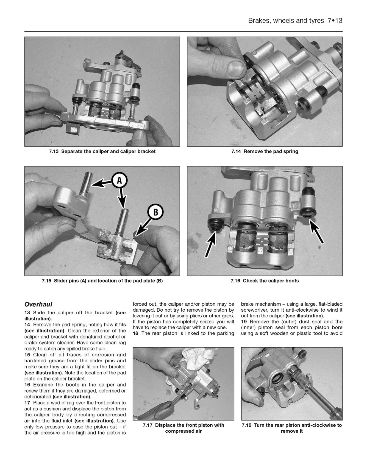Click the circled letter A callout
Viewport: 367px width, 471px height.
click(x=119, y=180)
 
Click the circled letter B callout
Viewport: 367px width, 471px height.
click(x=155, y=212)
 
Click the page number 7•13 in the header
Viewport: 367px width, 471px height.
click(x=335, y=21)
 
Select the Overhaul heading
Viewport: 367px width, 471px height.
click(x=38, y=304)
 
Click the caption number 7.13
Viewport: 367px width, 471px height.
click(x=54, y=151)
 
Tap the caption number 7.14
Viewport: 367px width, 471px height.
click(x=236, y=151)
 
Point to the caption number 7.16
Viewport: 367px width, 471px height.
click(x=235, y=281)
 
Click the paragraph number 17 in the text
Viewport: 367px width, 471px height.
click(x=27, y=403)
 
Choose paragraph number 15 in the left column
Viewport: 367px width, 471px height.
click(x=27, y=355)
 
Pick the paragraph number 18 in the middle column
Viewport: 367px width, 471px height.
click(x=135, y=334)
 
